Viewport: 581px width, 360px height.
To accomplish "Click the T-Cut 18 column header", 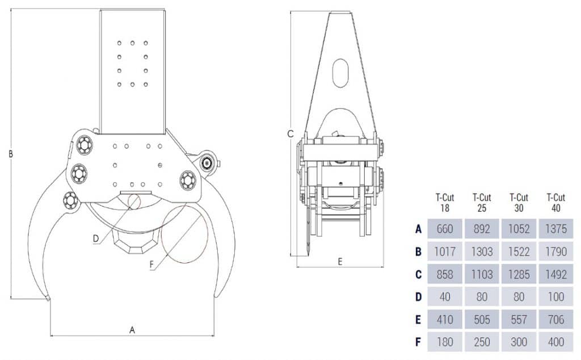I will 445,202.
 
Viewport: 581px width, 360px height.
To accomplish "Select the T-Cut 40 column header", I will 556,202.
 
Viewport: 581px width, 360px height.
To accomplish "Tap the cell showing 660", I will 445,229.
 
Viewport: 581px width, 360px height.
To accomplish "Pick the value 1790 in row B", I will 556,252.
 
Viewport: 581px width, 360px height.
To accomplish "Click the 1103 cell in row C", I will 482,274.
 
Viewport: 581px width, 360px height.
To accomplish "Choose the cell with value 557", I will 519,320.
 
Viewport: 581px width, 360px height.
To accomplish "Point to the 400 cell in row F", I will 556,342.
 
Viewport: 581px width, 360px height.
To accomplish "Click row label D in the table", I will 418,297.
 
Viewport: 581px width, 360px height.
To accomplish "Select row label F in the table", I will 418,342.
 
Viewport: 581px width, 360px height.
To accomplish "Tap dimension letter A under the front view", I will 133,329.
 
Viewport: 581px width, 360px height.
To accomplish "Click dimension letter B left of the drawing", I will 10,153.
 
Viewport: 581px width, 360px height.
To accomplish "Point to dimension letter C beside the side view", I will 290,134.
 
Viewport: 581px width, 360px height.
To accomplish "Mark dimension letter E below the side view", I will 340,261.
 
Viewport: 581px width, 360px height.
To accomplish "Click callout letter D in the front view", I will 96,238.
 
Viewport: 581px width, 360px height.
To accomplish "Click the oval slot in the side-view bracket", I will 340,73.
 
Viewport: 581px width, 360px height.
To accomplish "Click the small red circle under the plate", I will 134,201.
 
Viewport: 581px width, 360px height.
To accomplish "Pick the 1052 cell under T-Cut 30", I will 519,229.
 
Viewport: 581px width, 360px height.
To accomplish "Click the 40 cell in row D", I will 445,297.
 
